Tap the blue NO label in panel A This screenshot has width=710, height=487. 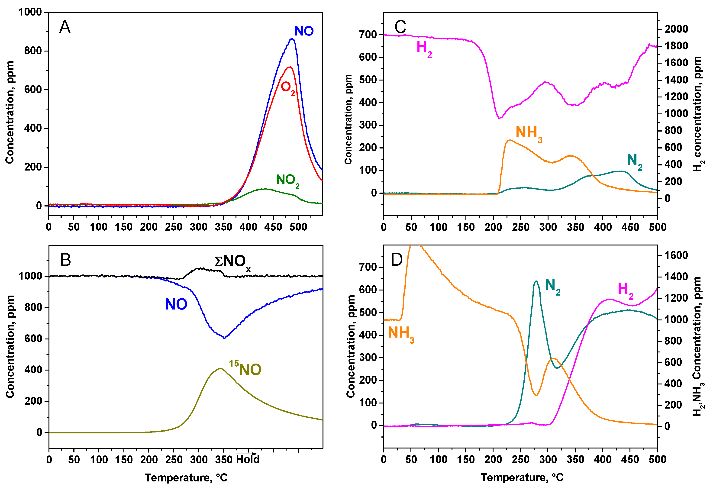304,31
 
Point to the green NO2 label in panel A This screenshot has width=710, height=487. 287,180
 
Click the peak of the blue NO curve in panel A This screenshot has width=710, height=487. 292,39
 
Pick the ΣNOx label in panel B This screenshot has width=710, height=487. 232,262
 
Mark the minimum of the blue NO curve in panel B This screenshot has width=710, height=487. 224,338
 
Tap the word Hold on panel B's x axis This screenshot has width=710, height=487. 248,459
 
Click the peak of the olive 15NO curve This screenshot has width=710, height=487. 220,368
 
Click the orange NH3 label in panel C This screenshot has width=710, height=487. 529,133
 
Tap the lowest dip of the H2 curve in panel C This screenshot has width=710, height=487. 499,118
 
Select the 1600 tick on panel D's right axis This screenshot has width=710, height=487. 676,255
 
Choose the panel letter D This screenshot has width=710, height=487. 397,260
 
